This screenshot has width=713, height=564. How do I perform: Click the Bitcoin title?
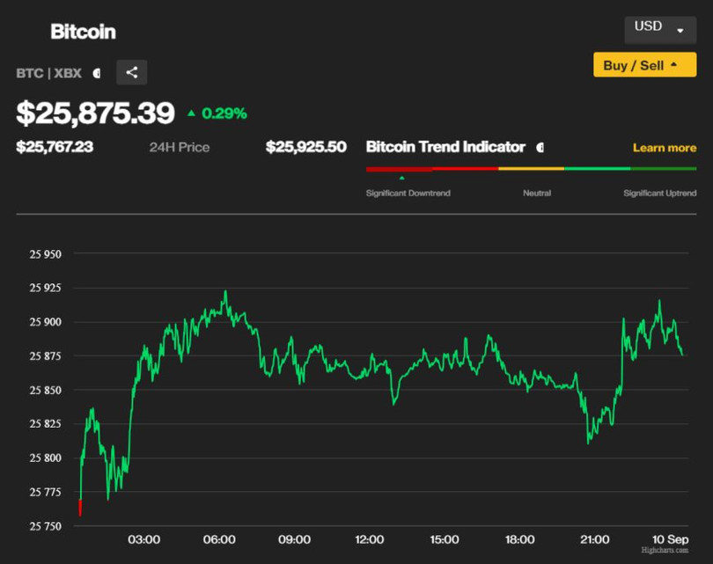click(83, 32)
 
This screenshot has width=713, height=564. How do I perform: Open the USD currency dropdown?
click(659, 28)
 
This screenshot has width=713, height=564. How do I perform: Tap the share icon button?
click(132, 72)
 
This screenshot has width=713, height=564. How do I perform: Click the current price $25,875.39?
click(96, 113)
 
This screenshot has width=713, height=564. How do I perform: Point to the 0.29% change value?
click(224, 114)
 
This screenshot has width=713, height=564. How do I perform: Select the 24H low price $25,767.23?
click(55, 147)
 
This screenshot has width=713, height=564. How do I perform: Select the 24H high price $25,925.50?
click(306, 147)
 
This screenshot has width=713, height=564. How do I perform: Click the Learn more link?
click(664, 148)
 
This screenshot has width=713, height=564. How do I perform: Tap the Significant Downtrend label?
click(408, 193)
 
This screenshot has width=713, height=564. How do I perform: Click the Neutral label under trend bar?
click(537, 193)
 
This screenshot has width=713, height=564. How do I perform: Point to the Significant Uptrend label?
click(659, 193)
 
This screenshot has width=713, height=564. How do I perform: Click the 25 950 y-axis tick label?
click(46, 254)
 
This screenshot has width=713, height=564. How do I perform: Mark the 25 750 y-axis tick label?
click(46, 526)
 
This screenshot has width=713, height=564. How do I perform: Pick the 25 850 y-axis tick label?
click(46, 390)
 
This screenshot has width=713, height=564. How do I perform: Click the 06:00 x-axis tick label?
click(219, 539)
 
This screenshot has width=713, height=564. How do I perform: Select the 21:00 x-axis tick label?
click(595, 539)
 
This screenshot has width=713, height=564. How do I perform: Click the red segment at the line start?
click(80, 508)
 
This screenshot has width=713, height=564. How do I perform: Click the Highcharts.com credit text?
click(665, 551)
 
